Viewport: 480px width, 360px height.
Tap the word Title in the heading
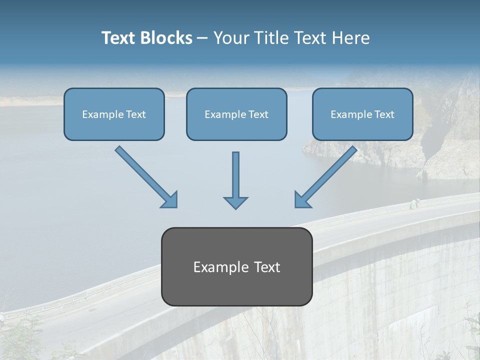[x=273, y=38]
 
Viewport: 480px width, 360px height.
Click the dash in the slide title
[x=202, y=38]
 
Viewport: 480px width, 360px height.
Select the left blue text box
[x=114, y=114]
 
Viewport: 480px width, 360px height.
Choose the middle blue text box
[x=236, y=114]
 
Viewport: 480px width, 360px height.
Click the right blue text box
[x=362, y=114]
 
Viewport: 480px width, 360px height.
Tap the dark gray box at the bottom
[x=236, y=266]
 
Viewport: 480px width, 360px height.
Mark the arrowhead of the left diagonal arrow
[x=170, y=200]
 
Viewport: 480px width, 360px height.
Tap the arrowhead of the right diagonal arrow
[x=302, y=200]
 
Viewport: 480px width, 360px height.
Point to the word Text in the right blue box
[x=384, y=114]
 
